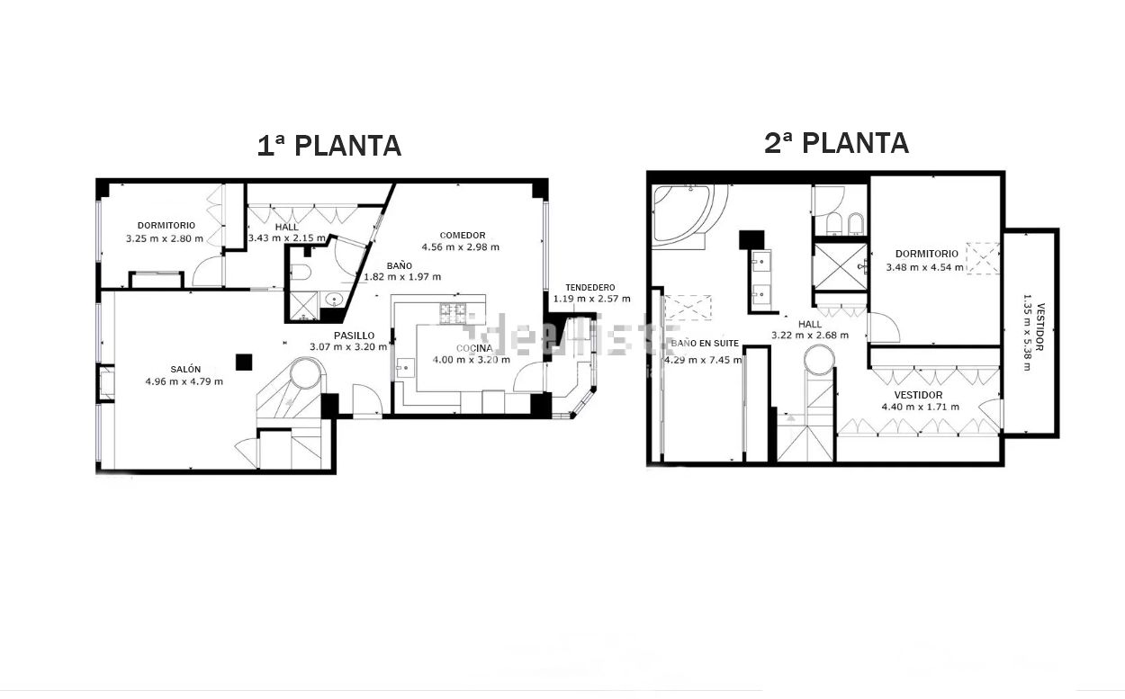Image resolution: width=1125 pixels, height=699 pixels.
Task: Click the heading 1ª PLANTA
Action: coord(328,145)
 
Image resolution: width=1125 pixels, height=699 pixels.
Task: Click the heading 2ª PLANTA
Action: coord(836,142)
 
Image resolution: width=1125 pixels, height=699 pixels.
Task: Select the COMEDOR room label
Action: coord(463,235)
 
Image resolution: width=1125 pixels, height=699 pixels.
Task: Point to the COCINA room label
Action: coord(473,348)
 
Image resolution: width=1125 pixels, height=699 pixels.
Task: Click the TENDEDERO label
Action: coord(590,287)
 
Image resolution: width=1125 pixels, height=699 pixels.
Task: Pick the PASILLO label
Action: coord(354,336)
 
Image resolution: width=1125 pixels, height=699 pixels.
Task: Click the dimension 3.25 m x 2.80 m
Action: coord(165,239)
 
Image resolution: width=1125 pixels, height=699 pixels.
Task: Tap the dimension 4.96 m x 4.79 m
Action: coord(184,381)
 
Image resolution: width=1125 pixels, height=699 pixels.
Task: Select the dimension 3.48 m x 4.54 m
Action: coord(924,267)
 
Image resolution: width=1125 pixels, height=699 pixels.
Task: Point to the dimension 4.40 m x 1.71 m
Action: coord(919,407)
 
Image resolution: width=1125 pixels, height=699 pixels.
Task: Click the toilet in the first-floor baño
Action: coord(301,273)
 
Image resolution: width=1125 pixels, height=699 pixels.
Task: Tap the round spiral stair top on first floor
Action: coord(304,372)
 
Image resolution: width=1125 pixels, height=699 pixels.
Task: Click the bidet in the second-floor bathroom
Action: coord(853,222)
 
